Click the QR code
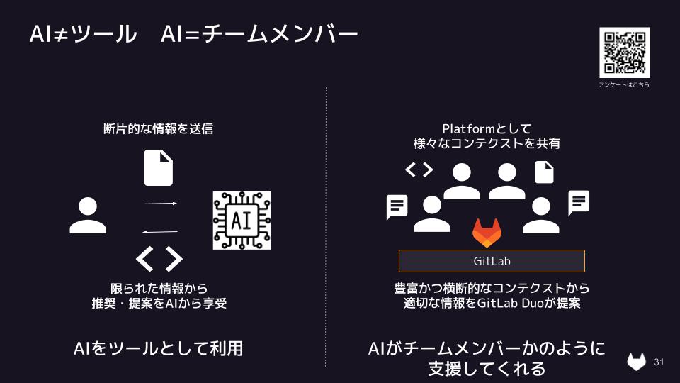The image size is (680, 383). point(624,52)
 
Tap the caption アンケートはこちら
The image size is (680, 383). point(624,85)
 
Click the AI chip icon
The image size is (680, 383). point(242,220)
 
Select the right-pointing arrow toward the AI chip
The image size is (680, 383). point(159,204)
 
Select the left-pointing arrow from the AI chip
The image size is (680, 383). point(159,231)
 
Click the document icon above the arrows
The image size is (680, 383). point(158,168)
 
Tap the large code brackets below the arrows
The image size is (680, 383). point(159,259)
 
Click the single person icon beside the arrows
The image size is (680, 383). point(88,216)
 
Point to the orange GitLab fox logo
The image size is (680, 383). point(487,233)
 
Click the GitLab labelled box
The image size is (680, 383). point(492,261)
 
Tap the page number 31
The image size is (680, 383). point(659,362)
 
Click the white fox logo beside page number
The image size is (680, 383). point(637,362)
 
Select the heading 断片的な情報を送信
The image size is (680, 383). point(158,129)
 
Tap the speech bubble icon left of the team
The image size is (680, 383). point(397,207)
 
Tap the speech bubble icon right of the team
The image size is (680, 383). point(579,204)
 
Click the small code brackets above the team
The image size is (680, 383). point(419,170)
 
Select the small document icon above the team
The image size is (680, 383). point(544,172)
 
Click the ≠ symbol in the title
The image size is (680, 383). point(60,33)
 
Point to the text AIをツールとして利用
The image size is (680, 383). point(158,348)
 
